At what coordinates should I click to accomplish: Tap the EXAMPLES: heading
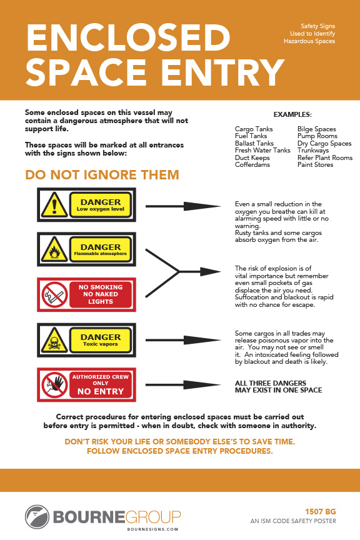pyautogui.click(x=292, y=114)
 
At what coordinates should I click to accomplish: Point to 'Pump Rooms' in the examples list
pyautogui.click(x=317, y=136)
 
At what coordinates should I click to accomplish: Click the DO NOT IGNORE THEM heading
pyautogui.click(x=102, y=175)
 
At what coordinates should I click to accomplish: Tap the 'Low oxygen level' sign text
pyautogui.click(x=101, y=209)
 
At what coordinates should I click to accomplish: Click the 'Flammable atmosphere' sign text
pyautogui.click(x=101, y=254)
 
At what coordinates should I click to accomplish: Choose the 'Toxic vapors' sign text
pyautogui.click(x=101, y=344)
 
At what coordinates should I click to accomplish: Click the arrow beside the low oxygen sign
pyautogui.click(x=181, y=205)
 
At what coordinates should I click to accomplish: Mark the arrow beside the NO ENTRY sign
pyautogui.click(x=181, y=385)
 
